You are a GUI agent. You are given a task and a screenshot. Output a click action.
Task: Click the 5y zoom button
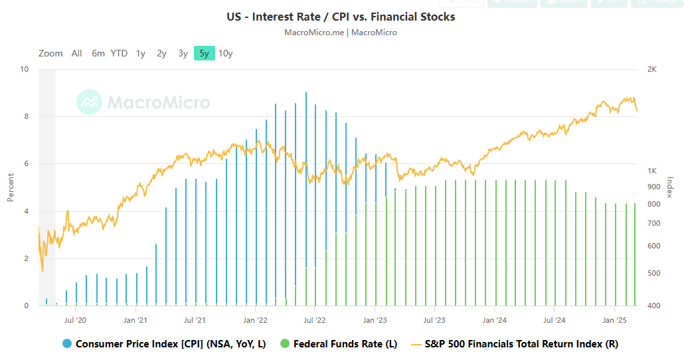pyautogui.click(x=204, y=53)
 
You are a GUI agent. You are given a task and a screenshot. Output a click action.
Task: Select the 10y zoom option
pyautogui.click(x=226, y=53)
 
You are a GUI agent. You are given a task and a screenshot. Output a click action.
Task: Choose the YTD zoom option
pyautogui.click(x=119, y=53)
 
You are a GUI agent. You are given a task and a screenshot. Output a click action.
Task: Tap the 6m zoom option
pyautogui.click(x=98, y=53)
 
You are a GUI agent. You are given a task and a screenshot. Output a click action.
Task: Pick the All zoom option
pyautogui.click(x=77, y=53)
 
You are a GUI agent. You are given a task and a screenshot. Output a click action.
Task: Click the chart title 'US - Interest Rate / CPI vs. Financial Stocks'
pyautogui.click(x=341, y=17)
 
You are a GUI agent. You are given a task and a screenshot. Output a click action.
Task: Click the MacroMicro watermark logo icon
pyautogui.click(x=89, y=102)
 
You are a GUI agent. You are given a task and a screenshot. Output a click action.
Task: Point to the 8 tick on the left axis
pyautogui.click(x=25, y=117)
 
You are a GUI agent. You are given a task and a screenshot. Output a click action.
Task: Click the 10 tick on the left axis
pyautogui.click(x=24, y=69)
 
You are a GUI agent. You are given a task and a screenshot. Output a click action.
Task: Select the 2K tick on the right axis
pyautogui.click(x=651, y=69)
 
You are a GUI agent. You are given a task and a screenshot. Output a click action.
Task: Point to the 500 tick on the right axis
pyautogui.click(x=653, y=273)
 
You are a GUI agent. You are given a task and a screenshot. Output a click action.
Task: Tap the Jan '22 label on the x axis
pyautogui.click(x=255, y=320)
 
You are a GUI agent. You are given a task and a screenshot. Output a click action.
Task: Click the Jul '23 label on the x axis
pyautogui.click(x=434, y=320)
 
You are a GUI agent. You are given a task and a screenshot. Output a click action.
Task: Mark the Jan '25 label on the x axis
pyautogui.click(x=614, y=320)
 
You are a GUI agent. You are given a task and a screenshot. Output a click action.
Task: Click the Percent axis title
pyautogui.click(x=11, y=187)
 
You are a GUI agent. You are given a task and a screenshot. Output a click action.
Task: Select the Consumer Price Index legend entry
pyautogui.click(x=171, y=344)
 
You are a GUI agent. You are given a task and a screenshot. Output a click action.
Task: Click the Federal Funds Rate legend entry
pyautogui.click(x=345, y=344)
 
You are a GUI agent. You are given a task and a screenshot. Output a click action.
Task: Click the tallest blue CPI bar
pyautogui.click(x=306, y=199)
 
